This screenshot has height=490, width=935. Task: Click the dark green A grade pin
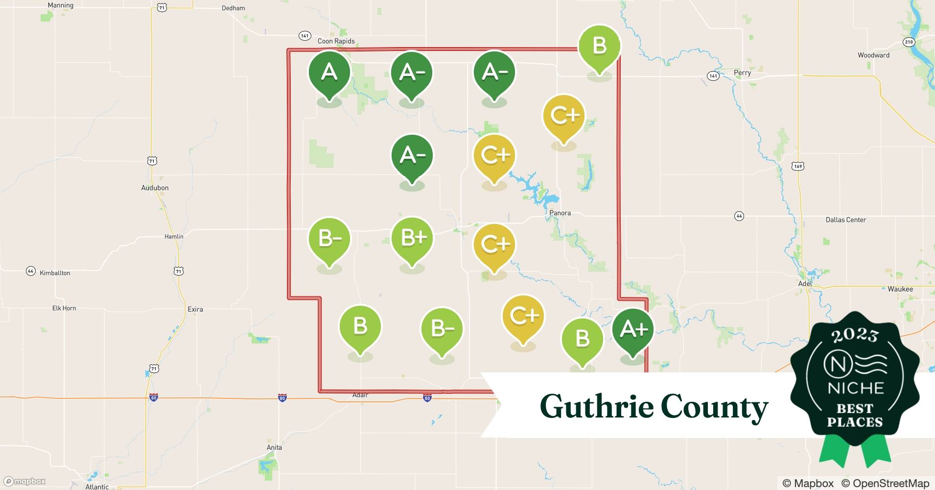[x=329, y=73]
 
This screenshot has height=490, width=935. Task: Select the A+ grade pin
[x=633, y=330]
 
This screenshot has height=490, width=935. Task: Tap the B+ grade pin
[x=412, y=239]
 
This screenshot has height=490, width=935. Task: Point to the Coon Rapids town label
[x=336, y=41]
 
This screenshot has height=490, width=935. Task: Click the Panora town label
[x=560, y=213]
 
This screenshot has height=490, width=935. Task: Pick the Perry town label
[x=742, y=73]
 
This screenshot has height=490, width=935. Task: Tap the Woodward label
[x=873, y=55]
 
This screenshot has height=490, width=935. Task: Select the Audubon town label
[x=155, y=188]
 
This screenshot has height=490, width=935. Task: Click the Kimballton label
[x=55, y=273]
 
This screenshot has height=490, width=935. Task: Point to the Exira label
[x=195, y=309]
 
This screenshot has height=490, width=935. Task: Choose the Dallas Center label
[x=845, y=220]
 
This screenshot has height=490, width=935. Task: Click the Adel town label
[x=805, y=284]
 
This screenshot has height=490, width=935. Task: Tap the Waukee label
[x=900, y=289]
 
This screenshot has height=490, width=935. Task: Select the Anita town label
[x=274, y=447]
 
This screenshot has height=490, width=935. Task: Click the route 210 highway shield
[x=909, y=42]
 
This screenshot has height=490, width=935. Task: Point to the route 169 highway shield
[x=798, y=167]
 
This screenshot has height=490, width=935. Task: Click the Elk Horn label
[x=64, y=308]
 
